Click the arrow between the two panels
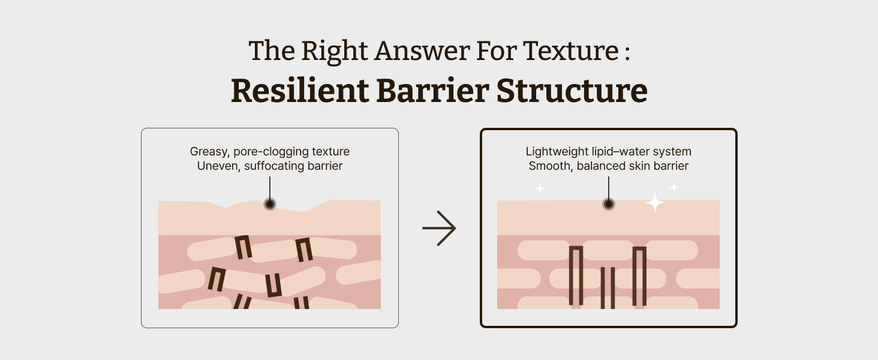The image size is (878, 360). (x=439, y=228)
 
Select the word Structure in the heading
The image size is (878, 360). (x=572, y=91)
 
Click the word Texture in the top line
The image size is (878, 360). (x=571, y=52)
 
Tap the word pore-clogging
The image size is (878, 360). (x=270, y=152)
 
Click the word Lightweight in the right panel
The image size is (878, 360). (x=555, y=152)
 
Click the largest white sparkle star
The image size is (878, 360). (x=655, y=203)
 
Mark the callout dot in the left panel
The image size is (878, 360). (x=270, y=204)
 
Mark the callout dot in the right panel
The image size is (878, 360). (x=609, y=204)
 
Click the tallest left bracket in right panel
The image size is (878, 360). (x=576, y=276)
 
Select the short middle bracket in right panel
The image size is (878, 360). (x=608, y=287)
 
